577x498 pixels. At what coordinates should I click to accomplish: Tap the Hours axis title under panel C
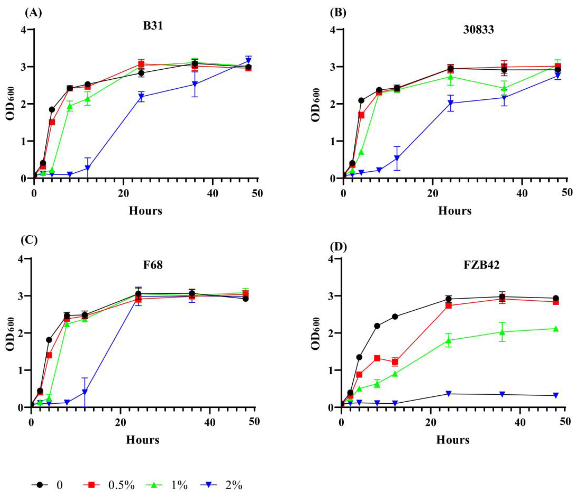tap(143, 440)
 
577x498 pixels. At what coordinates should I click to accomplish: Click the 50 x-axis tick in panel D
tap(565, 422)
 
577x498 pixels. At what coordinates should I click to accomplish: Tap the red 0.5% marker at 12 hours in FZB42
tap(395, 362)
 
